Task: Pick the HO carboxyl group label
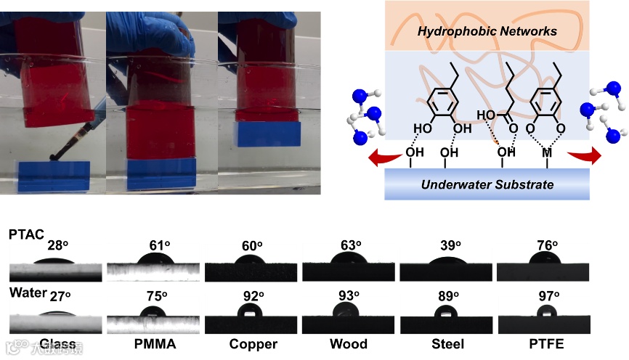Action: pyautogui.click(x=485, y=115)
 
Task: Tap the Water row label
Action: pyautogui.click(x=24, y=292)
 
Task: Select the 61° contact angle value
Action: pyautogui.click(x=150, y=245)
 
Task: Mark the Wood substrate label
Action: pyautogui.click(x=349, y=343)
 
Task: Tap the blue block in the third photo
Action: pyautogui.click(x=269, y=134)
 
